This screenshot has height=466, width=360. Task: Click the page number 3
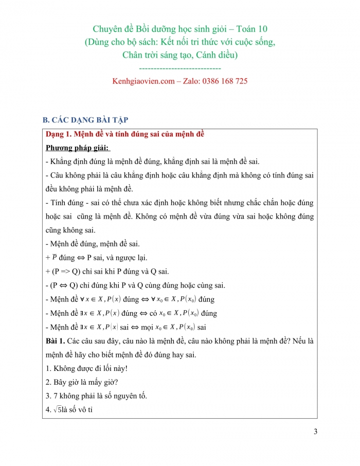pos(315,432)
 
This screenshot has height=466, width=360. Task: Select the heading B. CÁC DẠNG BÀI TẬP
pos(85,120)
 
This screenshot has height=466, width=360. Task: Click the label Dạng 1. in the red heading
pos(58,135)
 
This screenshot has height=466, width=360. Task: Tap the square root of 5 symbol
pos(50,410)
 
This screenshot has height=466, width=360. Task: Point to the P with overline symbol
pos(55,257)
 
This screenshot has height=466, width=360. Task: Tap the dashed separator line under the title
pos(180,68)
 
